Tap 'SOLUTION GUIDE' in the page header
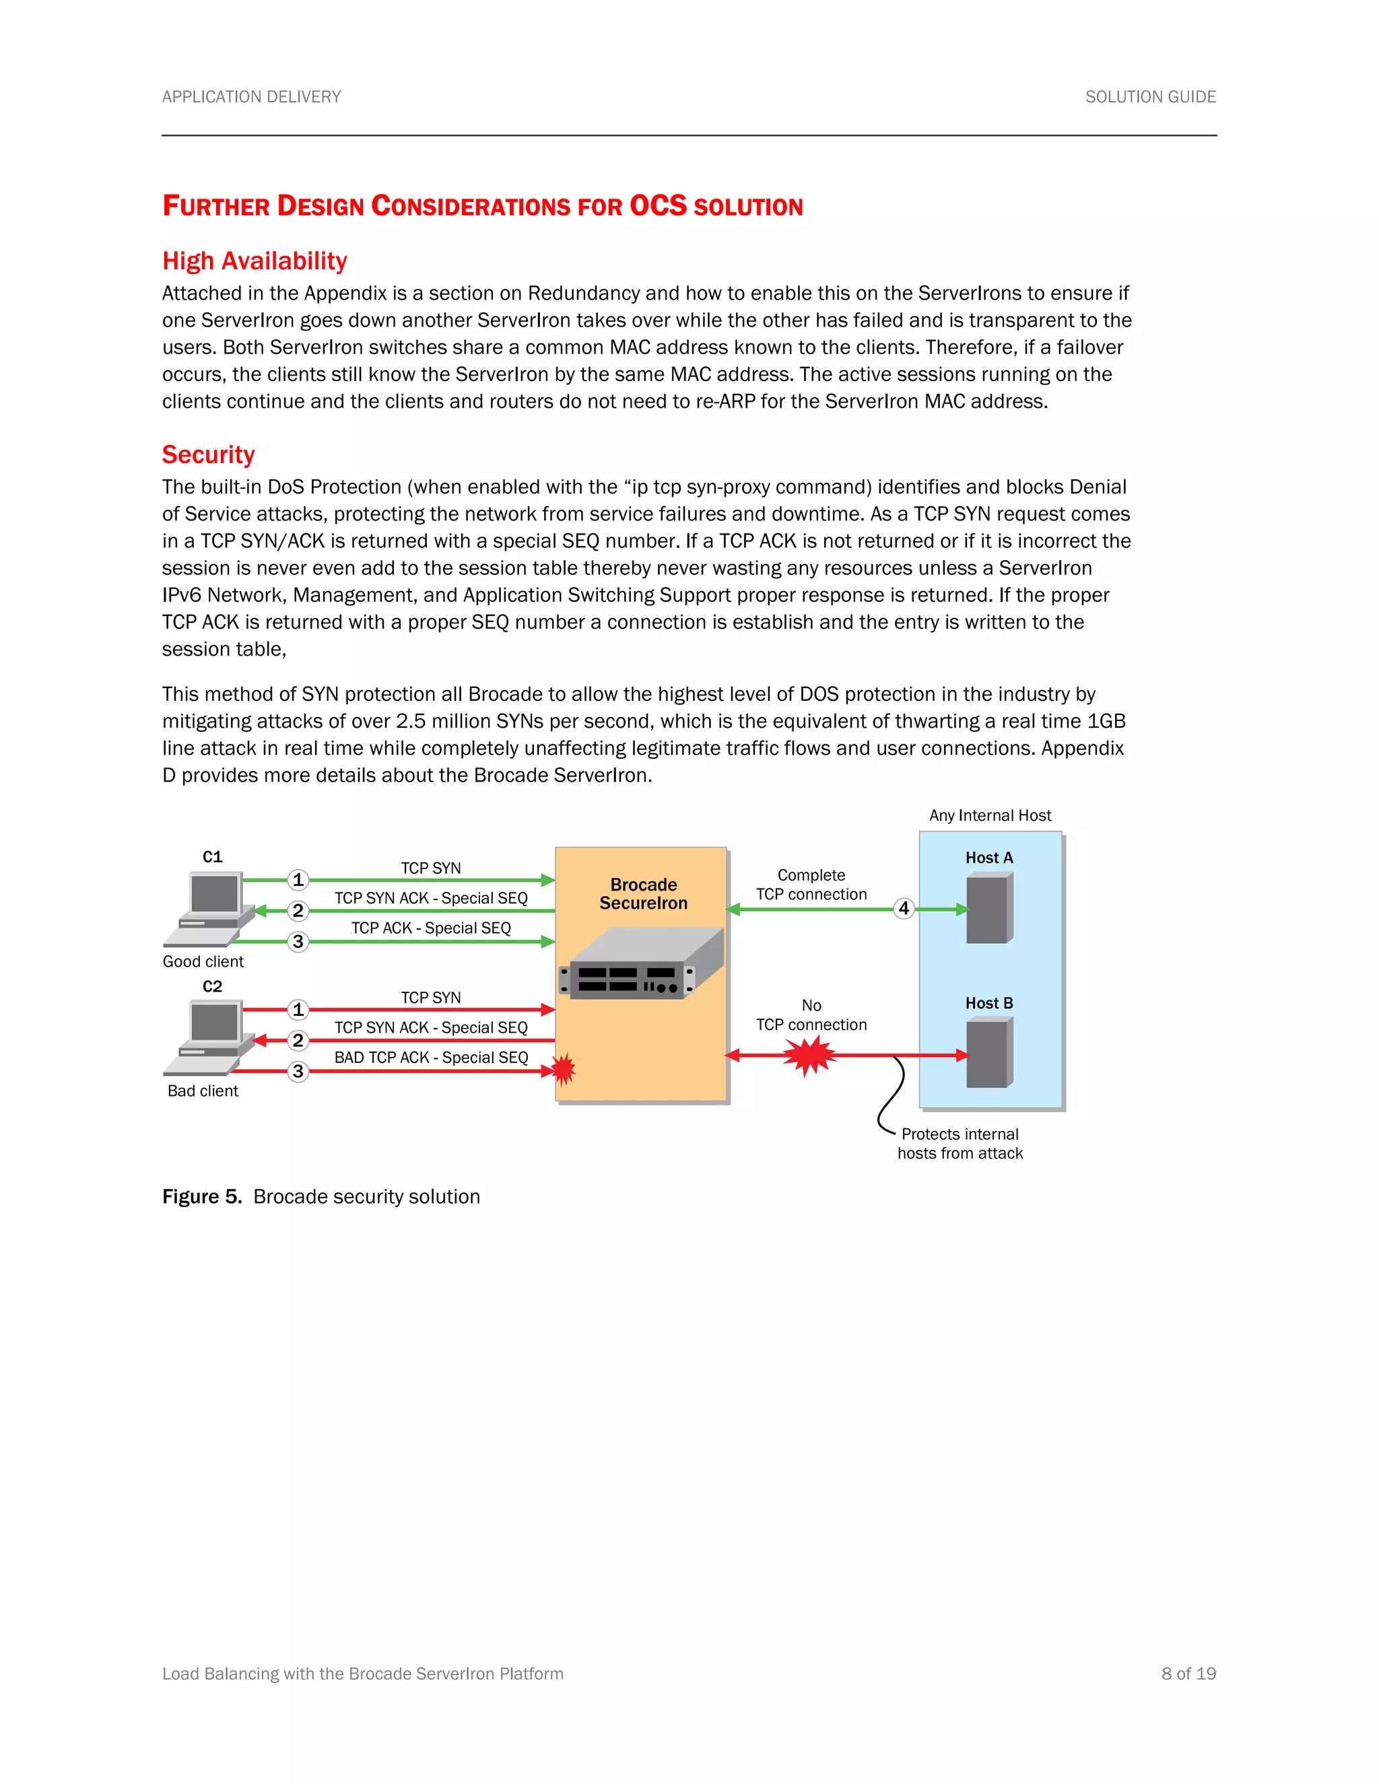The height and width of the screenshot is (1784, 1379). [x=1149, y=96]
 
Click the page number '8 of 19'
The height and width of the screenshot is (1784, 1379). [x=1188, y=1673]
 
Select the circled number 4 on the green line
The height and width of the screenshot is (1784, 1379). [x=904, y=908]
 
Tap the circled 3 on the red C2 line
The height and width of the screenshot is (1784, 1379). [x=298, y=1071]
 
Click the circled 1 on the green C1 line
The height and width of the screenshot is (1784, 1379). [x=298, y=880]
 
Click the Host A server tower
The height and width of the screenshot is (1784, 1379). [x=988, y=908]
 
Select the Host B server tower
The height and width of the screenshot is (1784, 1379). [x=988, y=1054]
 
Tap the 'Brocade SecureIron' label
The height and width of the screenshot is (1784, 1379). [x=643, y=893]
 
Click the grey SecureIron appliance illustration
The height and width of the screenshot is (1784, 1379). [x=641, y=965]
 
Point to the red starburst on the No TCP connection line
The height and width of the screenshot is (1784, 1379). [x=809, y=1056]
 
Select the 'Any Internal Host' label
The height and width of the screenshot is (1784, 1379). [x=989, y=815]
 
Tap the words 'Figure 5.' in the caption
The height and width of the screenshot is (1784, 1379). [x=202, y=1197]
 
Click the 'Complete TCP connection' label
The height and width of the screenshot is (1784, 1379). [x=811, y=885]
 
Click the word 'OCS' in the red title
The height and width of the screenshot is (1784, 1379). [x=658, y=206]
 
